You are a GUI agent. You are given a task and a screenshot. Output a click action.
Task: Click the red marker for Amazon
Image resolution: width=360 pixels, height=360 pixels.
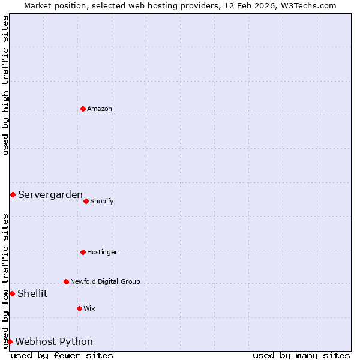tap(83, 109)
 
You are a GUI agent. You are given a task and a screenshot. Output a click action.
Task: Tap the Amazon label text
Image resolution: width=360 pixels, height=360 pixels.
tap(100, 109)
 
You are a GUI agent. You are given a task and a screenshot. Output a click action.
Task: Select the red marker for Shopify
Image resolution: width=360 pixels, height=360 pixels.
tap(86, 201)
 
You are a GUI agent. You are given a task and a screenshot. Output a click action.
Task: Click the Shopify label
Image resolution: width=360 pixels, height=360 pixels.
tap(102, 201)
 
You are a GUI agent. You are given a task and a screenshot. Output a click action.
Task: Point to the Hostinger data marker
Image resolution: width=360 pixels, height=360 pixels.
tap(83, 252)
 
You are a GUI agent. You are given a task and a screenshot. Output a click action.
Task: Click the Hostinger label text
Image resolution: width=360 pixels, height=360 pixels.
tap(102, 252)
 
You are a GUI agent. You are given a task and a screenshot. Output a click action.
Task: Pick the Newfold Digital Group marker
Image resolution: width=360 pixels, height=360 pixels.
tap(66, 281)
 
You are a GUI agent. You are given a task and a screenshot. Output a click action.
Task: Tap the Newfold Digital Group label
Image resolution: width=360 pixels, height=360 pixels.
tap(105, 281)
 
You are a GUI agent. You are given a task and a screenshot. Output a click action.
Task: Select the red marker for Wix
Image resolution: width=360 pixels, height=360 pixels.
tap(79, 308)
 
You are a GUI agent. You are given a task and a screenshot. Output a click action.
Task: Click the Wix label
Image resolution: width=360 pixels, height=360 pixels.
tap(89, 308)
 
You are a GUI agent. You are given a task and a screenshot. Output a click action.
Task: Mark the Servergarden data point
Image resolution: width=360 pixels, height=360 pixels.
tap(13, 194)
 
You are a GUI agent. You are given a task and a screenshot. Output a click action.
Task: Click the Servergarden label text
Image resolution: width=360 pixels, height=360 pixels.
tap(50, 194)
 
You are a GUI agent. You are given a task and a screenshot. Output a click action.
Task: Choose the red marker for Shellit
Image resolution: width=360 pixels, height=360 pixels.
tap(12, 293)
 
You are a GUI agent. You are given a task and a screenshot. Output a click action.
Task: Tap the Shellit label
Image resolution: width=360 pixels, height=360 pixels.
tap(32, 293)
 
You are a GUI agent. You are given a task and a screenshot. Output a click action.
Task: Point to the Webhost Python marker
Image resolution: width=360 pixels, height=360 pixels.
tap(10, 341)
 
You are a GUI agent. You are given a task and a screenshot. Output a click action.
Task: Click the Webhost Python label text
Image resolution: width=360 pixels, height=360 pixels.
tap(54, 341)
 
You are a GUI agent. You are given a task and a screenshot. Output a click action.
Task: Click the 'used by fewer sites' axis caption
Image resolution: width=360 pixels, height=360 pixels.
tap(62, 355)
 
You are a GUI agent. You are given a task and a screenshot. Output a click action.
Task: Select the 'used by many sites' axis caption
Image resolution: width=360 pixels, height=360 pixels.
tap(301, 355)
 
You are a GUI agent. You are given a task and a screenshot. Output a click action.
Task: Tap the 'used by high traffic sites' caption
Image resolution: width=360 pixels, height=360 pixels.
tap(5, 85)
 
